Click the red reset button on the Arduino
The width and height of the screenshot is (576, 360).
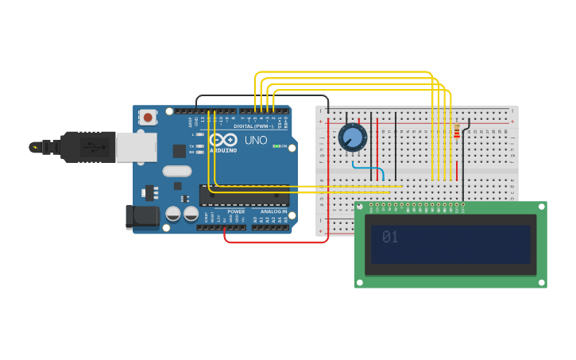[147, 117]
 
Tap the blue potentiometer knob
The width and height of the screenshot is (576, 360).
[353, 137]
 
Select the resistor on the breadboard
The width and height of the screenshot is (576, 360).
[456, 131]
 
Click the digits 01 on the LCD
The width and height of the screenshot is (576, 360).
[389, 237]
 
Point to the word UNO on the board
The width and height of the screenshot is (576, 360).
[256, 140]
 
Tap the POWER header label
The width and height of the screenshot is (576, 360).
[236, 211]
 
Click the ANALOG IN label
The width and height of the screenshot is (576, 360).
[273, 211]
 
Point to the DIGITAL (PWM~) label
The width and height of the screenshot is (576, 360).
[253, 126]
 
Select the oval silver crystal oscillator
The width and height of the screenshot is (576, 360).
[177, 171]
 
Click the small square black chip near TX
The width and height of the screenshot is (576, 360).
[180, 150]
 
